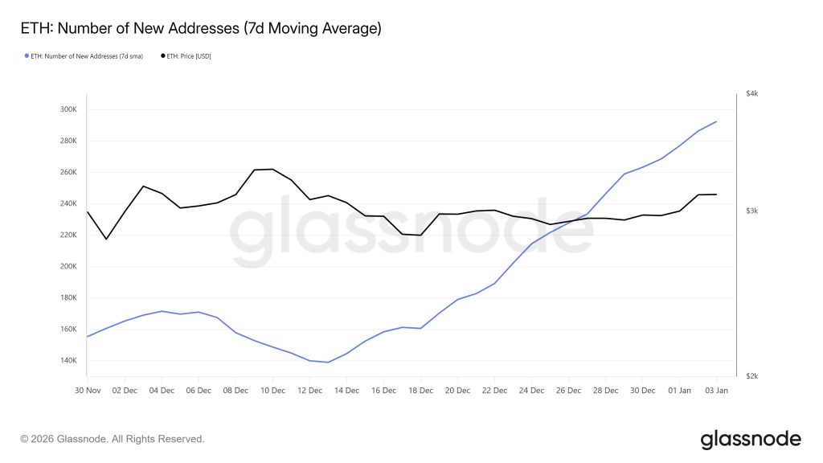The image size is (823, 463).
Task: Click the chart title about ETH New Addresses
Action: (200, 29)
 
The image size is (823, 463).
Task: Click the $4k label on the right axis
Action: (751, 94)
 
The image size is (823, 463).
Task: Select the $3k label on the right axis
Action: (751, 211)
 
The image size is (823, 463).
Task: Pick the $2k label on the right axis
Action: (751, 376)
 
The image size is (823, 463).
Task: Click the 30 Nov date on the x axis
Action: (87, 390)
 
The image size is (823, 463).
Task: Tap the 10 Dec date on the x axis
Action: (272, 390)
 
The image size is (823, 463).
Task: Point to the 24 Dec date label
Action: (531, 390)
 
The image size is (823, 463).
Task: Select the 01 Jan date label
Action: (679, 390)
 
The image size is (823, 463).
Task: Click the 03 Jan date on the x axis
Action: (716, 390)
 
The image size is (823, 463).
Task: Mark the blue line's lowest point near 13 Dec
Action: (328, 362)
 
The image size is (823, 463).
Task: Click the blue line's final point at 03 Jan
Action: (716, 121)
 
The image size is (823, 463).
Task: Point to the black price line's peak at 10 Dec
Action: (272, 169)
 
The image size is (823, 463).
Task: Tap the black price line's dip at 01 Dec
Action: (105, 239)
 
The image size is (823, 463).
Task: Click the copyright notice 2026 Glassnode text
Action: (113, 439)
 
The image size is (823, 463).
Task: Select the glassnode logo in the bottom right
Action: (751, 439)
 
